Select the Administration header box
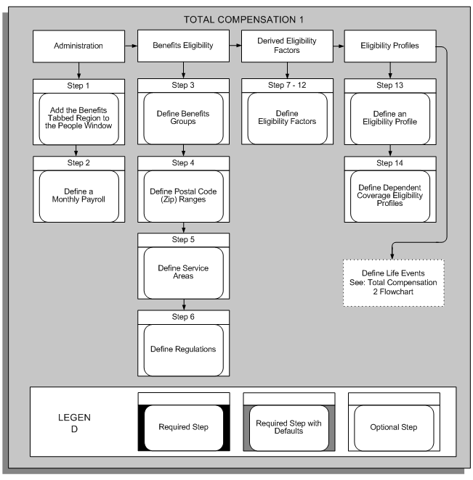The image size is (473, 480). click(x=79, y=46)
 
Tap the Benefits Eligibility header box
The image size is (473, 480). click(x=183, y=46)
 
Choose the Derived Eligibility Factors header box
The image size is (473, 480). click(x=288, y=46)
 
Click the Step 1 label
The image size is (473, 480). click(x=79, y=85)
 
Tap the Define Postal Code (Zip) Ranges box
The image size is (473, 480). click(x=183, y=194)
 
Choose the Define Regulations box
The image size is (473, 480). click(x=183, y=349)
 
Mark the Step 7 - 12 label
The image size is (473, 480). click(x=288, y=85)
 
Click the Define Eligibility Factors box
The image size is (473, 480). click(x=288, y=117)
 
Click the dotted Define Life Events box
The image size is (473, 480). click(x=392, y=277)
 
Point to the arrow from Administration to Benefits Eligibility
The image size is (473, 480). click(x=132, y=46)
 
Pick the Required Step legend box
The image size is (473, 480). click(x=183, y=428)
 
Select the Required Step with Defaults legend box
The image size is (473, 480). click(x=288, y=428)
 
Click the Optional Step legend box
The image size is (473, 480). click(x=393, y=428)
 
